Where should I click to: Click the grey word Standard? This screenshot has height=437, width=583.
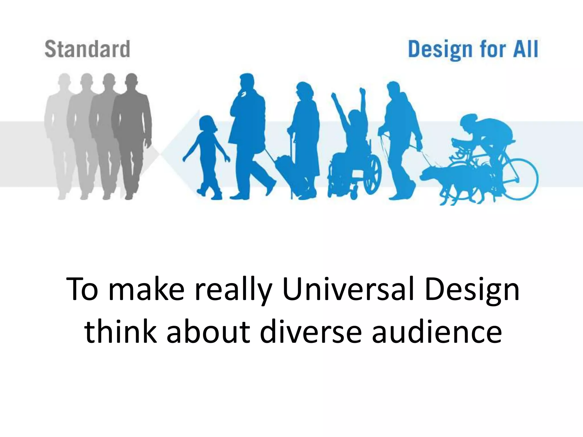coord(87,49)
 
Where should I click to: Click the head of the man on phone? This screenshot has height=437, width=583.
coord(246,83)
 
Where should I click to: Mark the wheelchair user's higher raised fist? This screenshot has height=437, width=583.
coord(363,92)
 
